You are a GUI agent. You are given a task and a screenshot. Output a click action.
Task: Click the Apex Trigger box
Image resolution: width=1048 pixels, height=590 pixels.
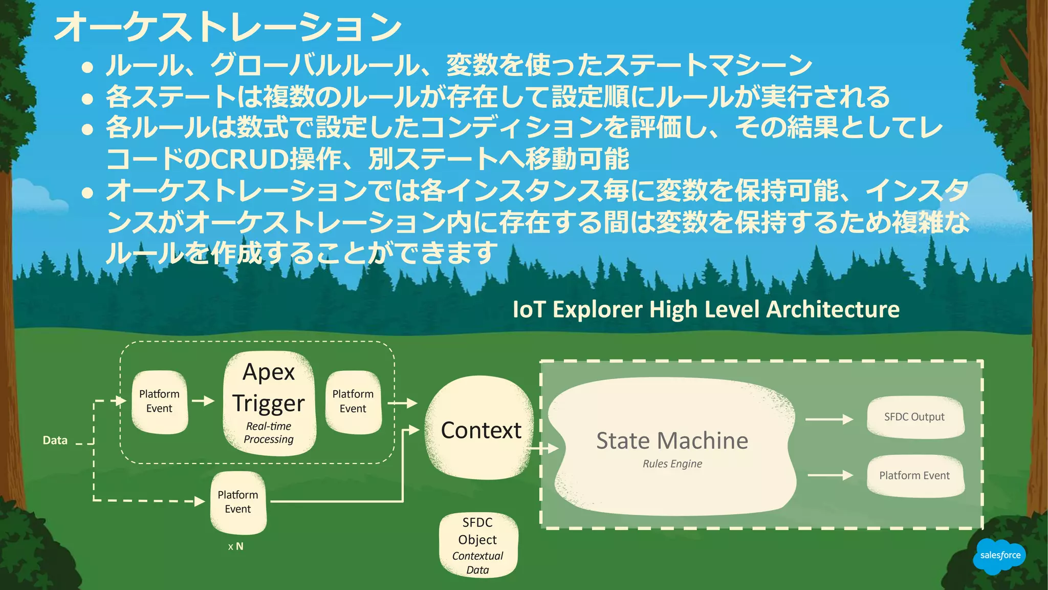[269, 403]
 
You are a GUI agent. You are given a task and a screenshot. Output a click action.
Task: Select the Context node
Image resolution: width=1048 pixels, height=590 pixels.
[480, 429]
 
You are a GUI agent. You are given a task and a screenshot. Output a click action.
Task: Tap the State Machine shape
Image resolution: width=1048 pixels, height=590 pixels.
[672, 446]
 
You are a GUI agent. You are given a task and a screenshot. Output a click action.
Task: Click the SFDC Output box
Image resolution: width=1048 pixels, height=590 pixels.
[914, 417]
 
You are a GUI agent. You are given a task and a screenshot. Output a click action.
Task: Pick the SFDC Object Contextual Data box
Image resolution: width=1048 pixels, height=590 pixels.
[478, 545]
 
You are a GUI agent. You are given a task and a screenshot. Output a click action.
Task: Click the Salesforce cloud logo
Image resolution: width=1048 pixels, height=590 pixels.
[1000, 555]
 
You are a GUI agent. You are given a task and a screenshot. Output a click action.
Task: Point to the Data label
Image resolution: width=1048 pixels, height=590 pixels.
[55, 440]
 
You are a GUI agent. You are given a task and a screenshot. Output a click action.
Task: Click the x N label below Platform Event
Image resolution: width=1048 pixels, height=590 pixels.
[236, 546]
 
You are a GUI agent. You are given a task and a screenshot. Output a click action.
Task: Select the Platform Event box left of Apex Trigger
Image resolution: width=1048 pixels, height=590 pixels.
[159, 402]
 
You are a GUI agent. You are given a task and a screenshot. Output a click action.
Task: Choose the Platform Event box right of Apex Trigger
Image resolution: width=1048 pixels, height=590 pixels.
[353, 402]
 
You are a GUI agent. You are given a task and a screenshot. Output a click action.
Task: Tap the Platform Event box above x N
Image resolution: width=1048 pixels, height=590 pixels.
[238, 502]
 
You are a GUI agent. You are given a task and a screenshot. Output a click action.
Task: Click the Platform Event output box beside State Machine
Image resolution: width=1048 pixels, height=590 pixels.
[914, 475]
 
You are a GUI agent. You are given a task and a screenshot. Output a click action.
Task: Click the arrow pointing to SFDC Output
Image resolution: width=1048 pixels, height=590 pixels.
[829, 419]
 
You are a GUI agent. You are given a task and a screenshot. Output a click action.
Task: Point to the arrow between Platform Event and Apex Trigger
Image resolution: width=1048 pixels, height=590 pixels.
[203, 401]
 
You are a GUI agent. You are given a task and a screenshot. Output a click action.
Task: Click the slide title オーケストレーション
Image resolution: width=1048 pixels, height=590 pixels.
[228, 27]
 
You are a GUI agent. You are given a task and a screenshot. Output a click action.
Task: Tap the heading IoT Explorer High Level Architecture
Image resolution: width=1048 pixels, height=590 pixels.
[706, 309]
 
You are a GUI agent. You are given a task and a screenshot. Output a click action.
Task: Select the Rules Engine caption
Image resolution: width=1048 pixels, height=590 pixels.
[672, 463]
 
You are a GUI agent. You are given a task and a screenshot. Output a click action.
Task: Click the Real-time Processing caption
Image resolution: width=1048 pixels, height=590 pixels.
[269, 433]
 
